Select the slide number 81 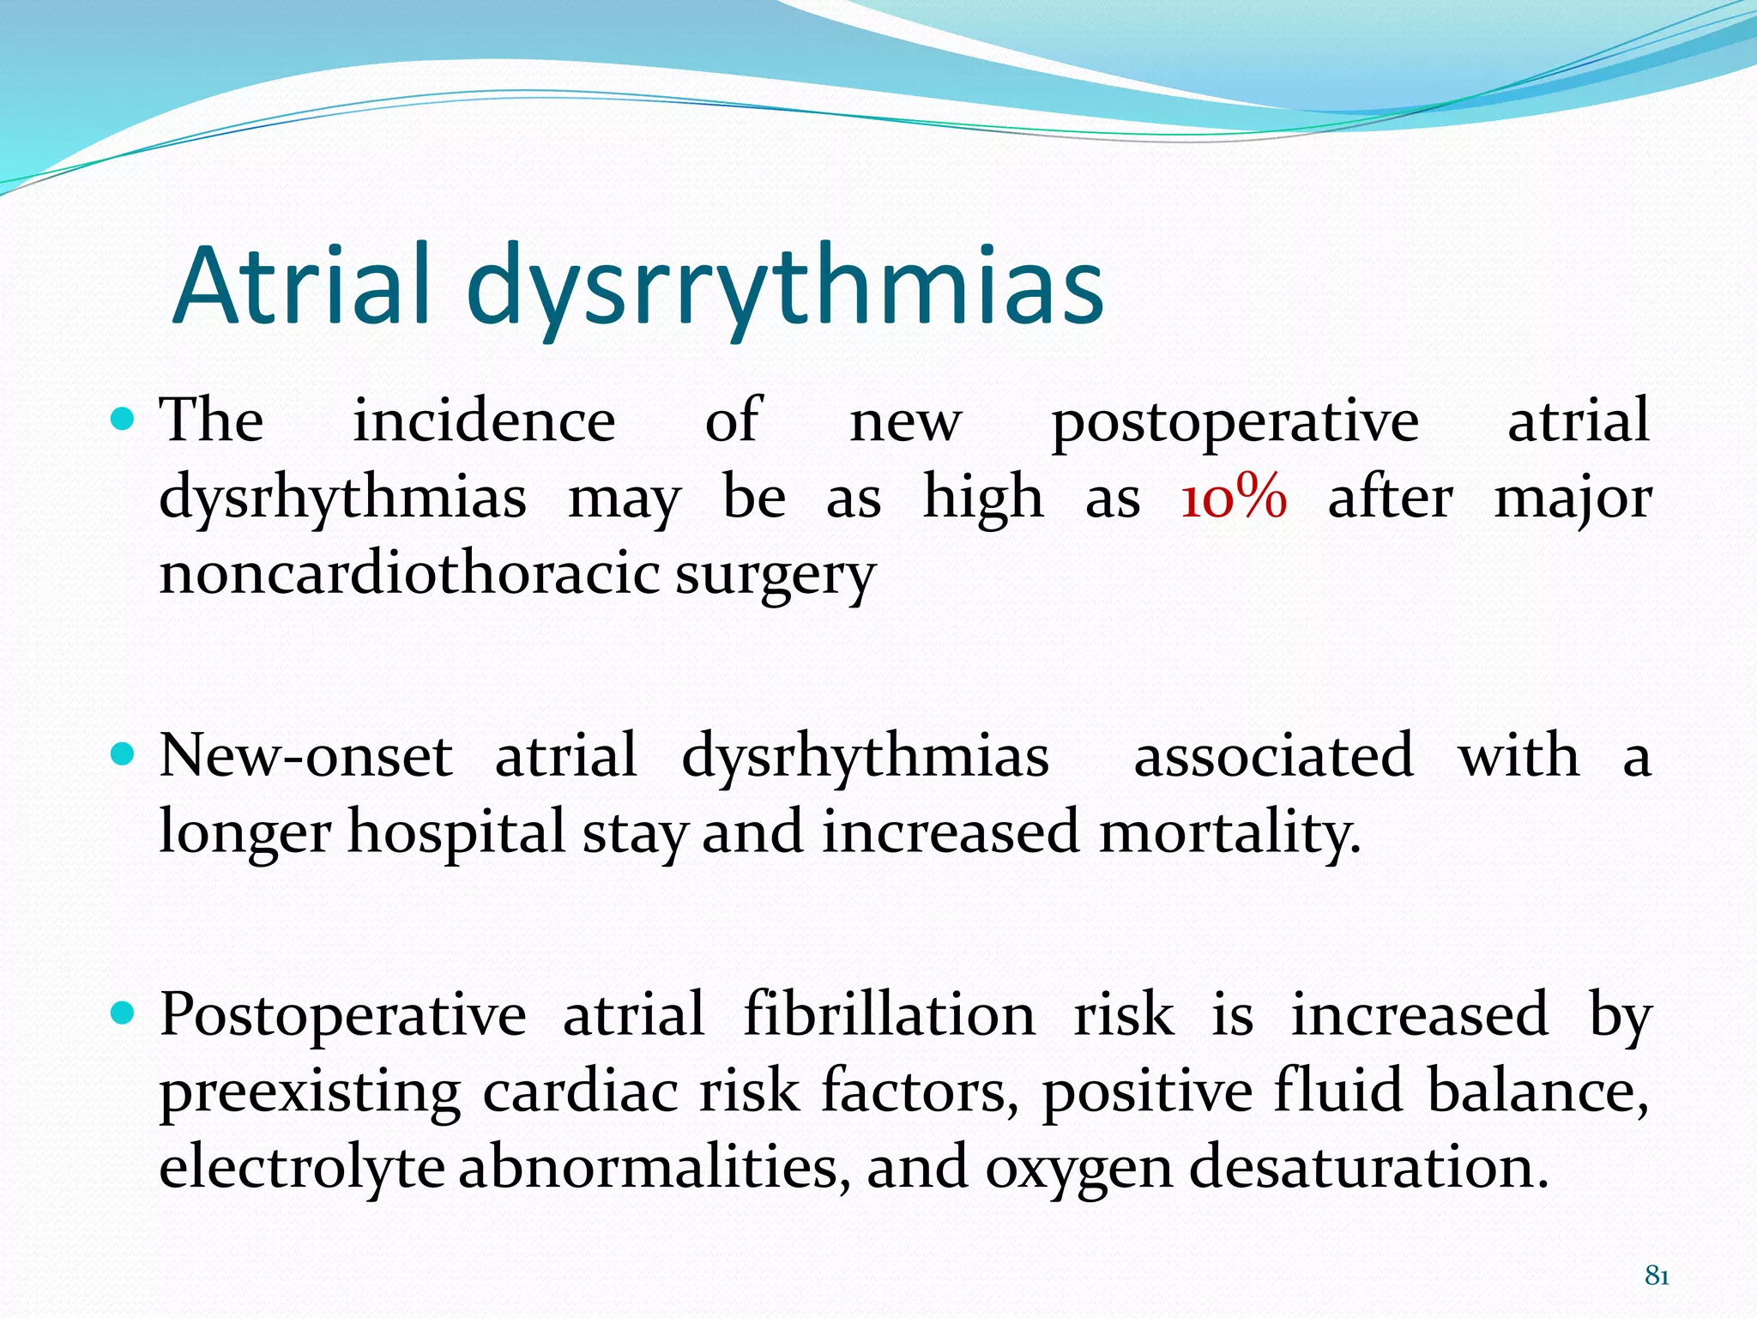click(x=1657, y=1277)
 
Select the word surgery click(x=774, y=576)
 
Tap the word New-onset click(x=305, y=756)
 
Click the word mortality click(x=1229, y=832)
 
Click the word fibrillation click(x=889, y=1014)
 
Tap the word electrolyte click(x=301, y=1168)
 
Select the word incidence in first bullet click(x=484, y=421)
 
